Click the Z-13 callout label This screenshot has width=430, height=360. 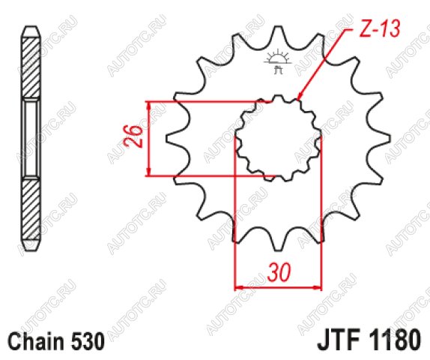point(379,28)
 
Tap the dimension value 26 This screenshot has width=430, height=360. point(133,136)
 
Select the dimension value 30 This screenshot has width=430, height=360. point(279,272)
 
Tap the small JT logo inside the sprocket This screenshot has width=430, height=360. point(278,62)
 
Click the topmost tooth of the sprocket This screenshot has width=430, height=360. point(278,31)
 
